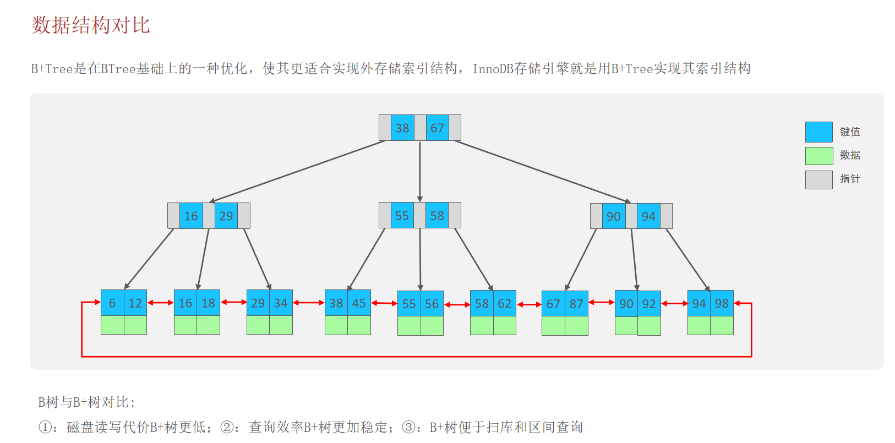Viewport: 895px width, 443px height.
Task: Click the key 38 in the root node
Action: click(x=402, y=128)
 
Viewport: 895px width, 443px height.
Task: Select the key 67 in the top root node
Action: click(x=438, y=128)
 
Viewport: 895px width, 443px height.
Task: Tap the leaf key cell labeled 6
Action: click(x=112, y=303)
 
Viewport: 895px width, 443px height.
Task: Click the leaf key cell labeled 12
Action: click(x=135, y=303)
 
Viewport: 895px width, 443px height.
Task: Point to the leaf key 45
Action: click(x=359, y=303)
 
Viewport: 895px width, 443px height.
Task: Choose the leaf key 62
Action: click(x=505, y=303)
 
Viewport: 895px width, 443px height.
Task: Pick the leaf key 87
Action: click(x=576, y=304)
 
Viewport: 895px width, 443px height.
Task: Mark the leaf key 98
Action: click(x=722, y=303)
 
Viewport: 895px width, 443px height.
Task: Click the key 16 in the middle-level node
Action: click(x=191, y=216)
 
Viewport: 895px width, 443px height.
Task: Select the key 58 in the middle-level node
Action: click(x=438, y=215)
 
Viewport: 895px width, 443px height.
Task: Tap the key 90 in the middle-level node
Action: click(x=614, y=216)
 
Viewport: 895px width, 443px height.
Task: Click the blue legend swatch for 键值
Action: click(x=818, y=132)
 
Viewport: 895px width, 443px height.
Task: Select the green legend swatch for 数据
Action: click(x=818, y=156)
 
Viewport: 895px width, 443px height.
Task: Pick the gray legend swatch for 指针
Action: click(x=818, y=179)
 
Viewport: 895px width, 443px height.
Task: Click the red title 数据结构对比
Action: click(x=91, y=25)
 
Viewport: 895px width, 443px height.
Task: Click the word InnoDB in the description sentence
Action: click(x=493, y=69)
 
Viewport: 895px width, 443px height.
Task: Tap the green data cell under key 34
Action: click(x=281, y=325)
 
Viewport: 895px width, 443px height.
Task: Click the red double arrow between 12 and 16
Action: click(x=160, y=303)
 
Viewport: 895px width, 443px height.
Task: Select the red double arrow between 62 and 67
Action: click(x=529, y=304)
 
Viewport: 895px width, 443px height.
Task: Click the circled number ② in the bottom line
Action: click(x=226, y=427)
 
